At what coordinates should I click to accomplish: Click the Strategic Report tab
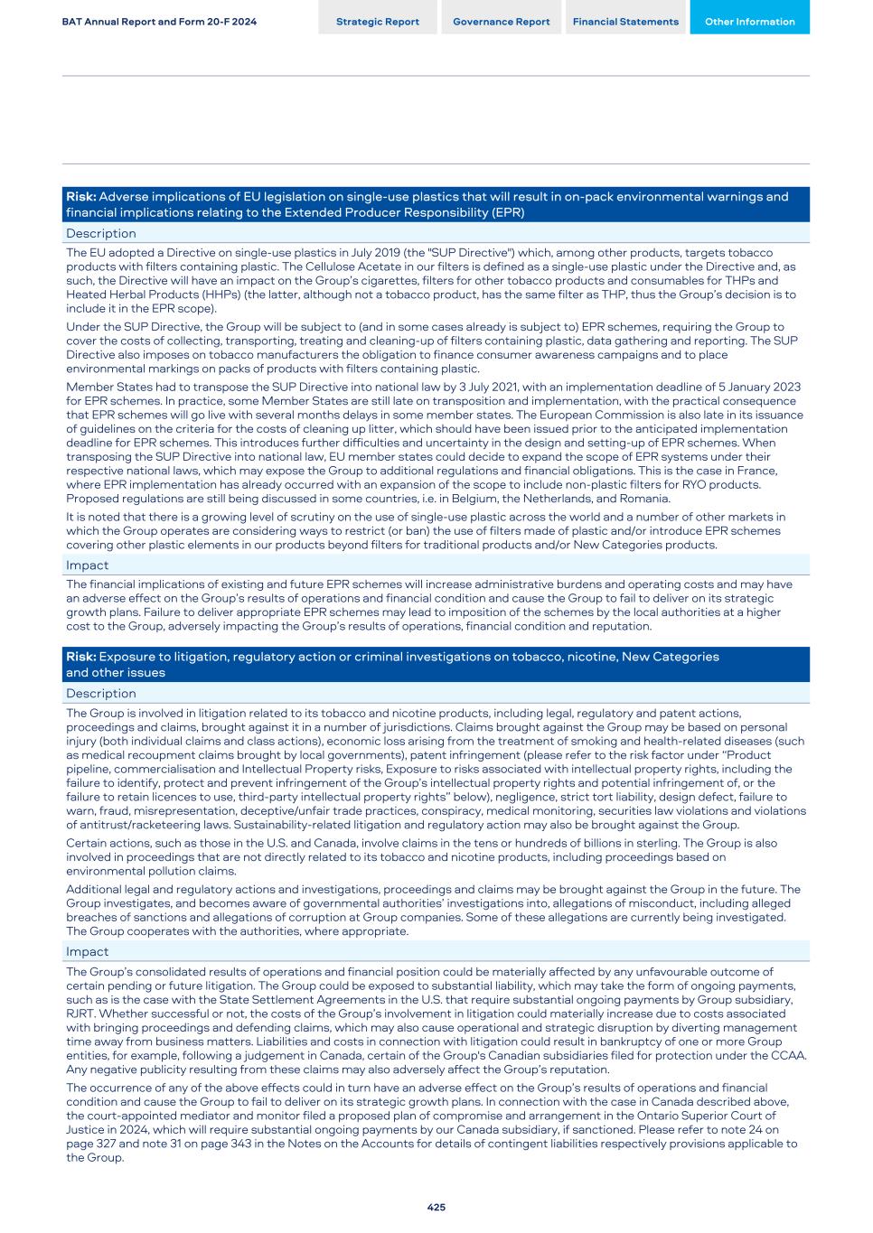point(377,22)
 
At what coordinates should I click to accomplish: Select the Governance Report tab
point(501,22)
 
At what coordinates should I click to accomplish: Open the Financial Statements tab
point(625,22)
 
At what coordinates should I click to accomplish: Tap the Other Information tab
point(749,22)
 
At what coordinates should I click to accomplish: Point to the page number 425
point(436,1207)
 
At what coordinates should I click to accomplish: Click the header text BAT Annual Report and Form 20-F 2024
point(159,22)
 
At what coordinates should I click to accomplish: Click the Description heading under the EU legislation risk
point(101,233)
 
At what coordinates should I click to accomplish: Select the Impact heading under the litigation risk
point(87,951)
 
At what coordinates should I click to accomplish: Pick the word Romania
point(644,499)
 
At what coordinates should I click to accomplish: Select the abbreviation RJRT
point(82,1013)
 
